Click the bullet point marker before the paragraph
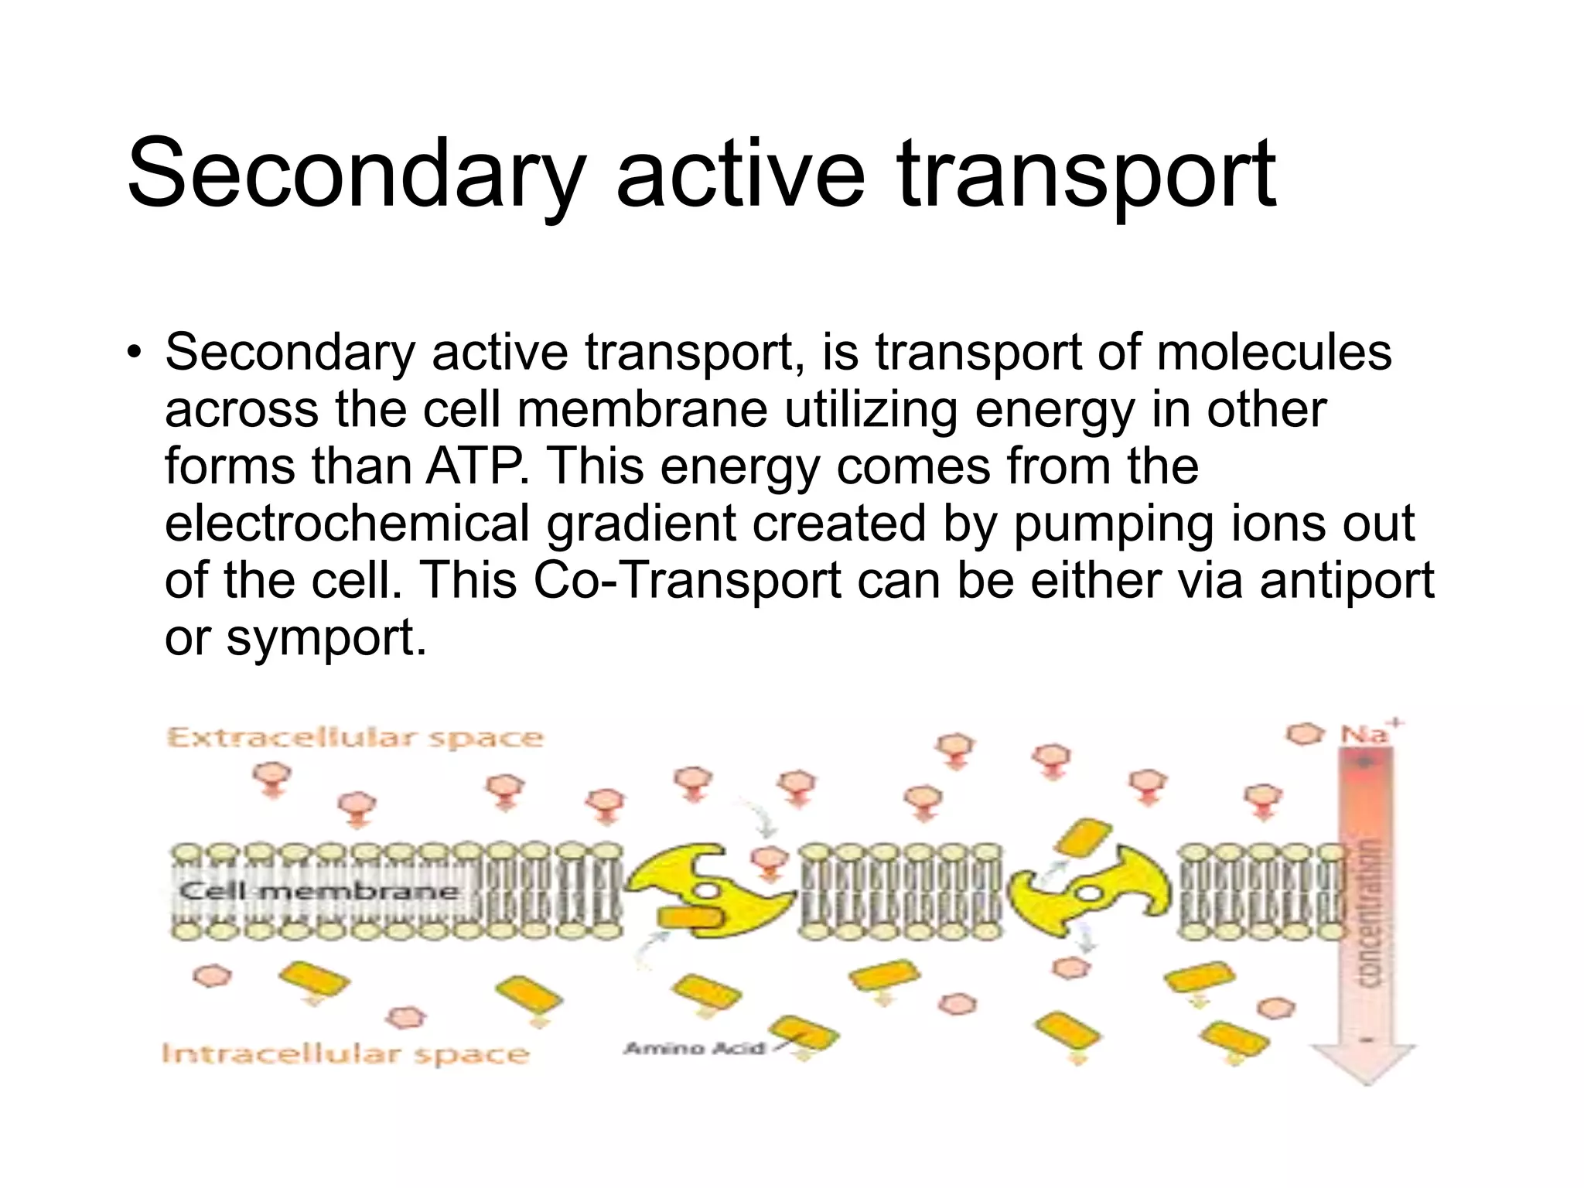135,353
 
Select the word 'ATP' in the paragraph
473,466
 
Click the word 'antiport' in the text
1347,581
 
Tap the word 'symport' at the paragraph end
325,638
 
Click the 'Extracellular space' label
355,737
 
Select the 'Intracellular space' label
345,1053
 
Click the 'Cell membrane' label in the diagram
319,891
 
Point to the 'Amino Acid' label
694,1049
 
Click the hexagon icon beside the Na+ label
1306,733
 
